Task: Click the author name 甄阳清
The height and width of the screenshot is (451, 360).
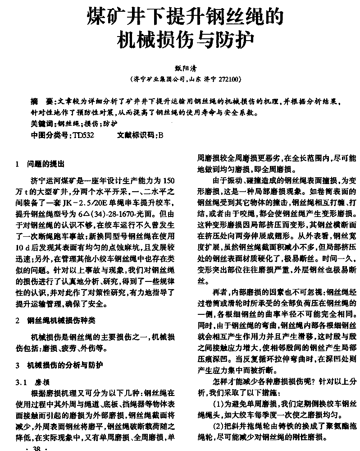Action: (x=183, y=68)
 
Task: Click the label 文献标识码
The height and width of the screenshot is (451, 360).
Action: (x=135, y=134)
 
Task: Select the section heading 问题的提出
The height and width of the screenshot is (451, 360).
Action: (x=45, y=164)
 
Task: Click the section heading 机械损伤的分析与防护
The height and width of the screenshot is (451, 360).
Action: (x=65, y=364)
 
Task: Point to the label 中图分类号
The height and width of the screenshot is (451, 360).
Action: (x=49, y=134)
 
